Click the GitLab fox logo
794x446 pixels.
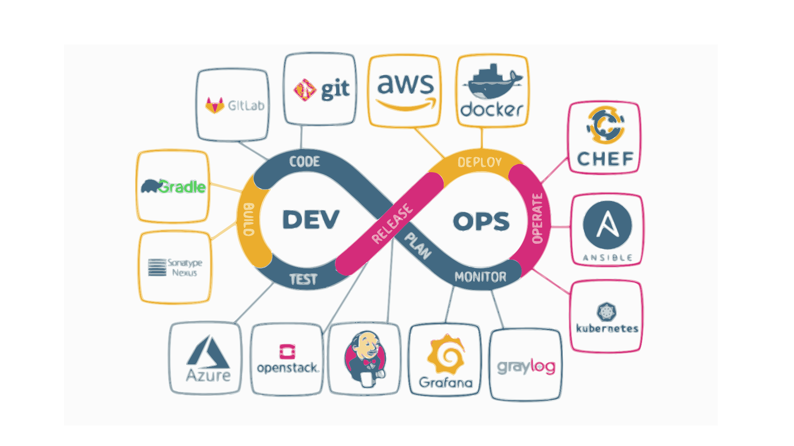click(215, 106)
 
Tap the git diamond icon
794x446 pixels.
click(305, 90)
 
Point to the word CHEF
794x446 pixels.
click(605, 159)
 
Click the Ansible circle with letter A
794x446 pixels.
click(607, 225)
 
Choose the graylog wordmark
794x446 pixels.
click(526, 367)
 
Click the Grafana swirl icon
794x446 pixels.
click(446, 354)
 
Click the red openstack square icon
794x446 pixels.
click(287, 352)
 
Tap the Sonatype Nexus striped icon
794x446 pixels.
click(157, 267)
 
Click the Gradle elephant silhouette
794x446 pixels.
click(150, 186)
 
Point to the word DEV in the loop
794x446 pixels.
click(311, 220)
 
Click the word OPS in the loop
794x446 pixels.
click(481, 221)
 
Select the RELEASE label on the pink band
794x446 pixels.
click(392, 223)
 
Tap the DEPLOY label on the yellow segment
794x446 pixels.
click(479, 162)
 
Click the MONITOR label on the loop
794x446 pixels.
click(480, 277)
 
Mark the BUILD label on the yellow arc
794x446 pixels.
click(248, 219)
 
